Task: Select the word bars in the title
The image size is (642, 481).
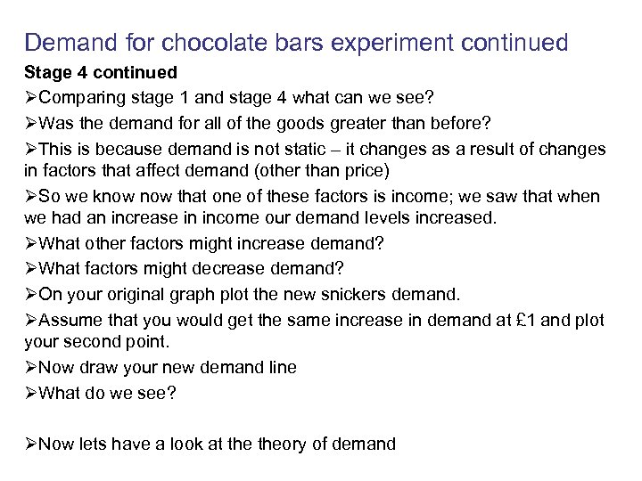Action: pos(299,42)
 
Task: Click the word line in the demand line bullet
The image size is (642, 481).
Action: pos(278,366)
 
